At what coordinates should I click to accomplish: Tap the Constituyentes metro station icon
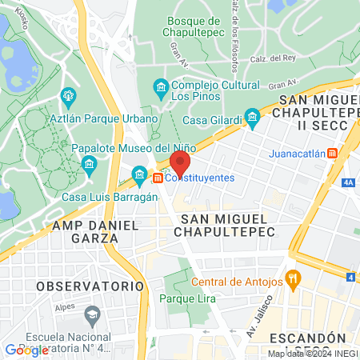click(158, 178)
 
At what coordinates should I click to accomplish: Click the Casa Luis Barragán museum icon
click(140, 174)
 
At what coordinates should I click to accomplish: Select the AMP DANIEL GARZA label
click(85, 231)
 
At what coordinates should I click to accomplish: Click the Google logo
click(26, 350)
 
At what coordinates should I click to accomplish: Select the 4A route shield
click(347, 182)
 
